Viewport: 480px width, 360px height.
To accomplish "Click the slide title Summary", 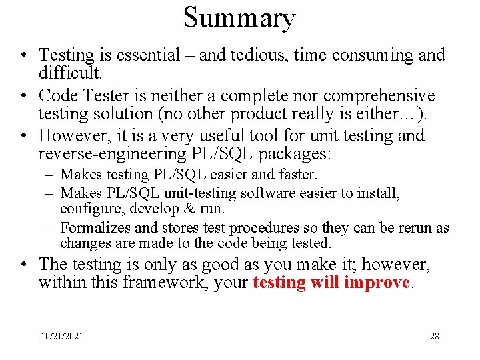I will (239, 18).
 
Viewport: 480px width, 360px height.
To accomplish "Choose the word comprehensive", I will (379, 96).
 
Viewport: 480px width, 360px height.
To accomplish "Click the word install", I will (379, 193).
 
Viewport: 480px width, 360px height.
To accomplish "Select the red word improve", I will (376, 282).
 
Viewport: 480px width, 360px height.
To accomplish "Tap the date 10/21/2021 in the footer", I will (61, 337).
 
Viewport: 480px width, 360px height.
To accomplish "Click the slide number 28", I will (435, 337).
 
